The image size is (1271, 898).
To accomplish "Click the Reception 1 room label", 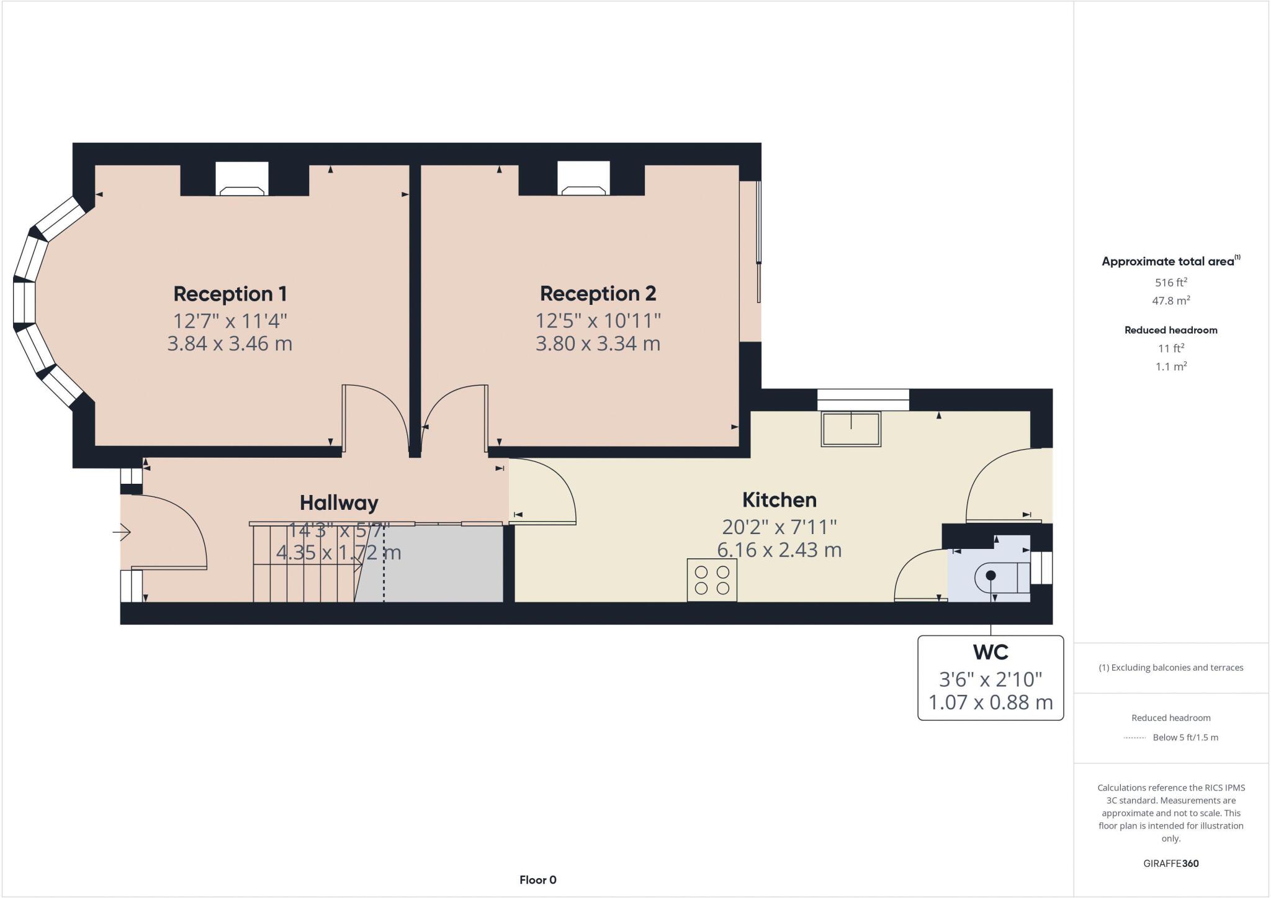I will pyautogui.click(x=230, y=294).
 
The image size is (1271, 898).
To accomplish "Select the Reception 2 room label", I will pyautogui.click(x=598, y=294).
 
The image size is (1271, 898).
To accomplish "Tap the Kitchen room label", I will pyautogui.click(x=779, y=500).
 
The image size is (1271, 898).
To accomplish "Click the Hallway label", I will pyautogui.click(x=339, y=503).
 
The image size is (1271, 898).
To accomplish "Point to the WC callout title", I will pyautogui.click(x=990, y=652).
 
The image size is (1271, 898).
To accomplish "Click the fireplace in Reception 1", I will pyautogui.click(x=242, y=179).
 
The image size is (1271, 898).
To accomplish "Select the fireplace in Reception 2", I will pyautogui.click(x=583, y=179).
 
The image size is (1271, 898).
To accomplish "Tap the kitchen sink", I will pyautogui.click(x=851, y=429).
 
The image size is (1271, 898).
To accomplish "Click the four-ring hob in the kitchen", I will pyautogui.click(x=712, y=580).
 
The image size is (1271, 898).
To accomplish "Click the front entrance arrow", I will pyautogui.click(x=122, y=532).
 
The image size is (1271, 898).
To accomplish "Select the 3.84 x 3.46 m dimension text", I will pyautogui.click(x=230, y=343).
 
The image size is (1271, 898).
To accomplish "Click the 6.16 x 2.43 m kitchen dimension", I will pyautogui.click(x=779, y=550).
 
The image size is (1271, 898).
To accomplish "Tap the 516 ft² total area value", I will pyautogui.click(x=1170, y=283).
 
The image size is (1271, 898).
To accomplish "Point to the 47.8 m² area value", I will pyautogui.click(x=1170, y=301).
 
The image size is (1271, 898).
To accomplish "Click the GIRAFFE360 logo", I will pyautogui.click(x=1170, y=863).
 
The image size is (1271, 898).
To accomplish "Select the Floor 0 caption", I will pyautogui.click(x=537, y=880).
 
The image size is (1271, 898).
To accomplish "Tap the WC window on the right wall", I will pyautogui.click(x=1041, y=568).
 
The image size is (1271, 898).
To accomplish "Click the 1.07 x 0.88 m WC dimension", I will pyautogui.click(x=990, y=702).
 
